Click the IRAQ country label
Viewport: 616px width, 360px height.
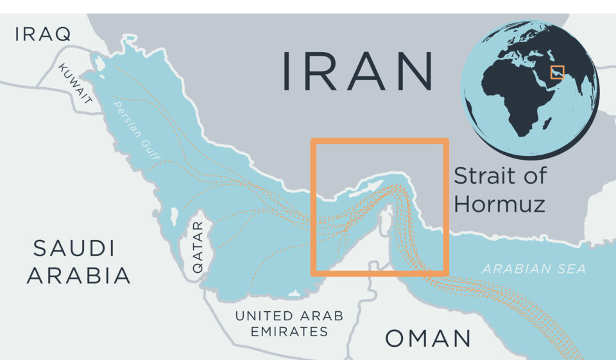(43, 34)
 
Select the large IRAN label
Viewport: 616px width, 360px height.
(357, 71)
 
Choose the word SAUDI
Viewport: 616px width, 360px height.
(74, 248)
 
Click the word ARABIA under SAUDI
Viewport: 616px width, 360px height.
(79, 276)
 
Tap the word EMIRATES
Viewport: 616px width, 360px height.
(289, 332)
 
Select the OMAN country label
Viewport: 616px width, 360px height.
(428, 338)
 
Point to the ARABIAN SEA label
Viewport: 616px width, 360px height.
(534, 269)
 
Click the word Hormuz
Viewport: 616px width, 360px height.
(499, 204)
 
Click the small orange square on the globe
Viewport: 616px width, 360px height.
(557, 72)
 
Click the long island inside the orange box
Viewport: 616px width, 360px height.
(361, 189)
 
